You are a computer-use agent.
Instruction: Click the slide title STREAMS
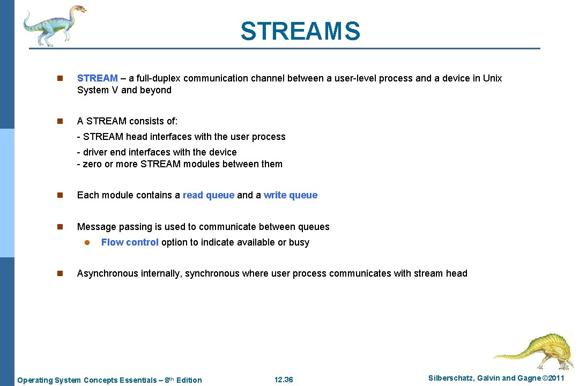[x=300, y=31]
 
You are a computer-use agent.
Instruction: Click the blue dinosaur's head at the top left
[x=77, y=9]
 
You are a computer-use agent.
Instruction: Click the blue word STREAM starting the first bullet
[x=97, y=78]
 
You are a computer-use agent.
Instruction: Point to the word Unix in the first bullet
[x=492, y=78]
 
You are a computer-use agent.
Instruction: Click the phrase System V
[x=98, y=90]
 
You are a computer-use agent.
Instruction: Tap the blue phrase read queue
[x=208, y=195]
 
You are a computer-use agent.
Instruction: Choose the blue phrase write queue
[x=290, y=195]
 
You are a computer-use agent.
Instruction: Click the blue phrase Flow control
[x=130, y=242]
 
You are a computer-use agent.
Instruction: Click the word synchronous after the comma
[x=212, y=273]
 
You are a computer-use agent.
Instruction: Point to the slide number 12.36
[x=284, y=380]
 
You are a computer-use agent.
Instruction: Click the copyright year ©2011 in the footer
[x=554, y=378]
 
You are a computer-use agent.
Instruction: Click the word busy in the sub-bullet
[x=299, y=242]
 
